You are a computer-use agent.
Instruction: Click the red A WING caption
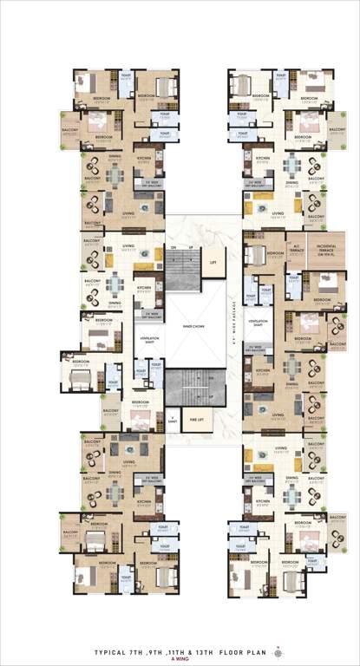(x=179, y=656)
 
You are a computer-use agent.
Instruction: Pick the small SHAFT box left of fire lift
(x=171, y=419)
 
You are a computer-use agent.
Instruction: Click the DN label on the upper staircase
(x=173, y=249)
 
